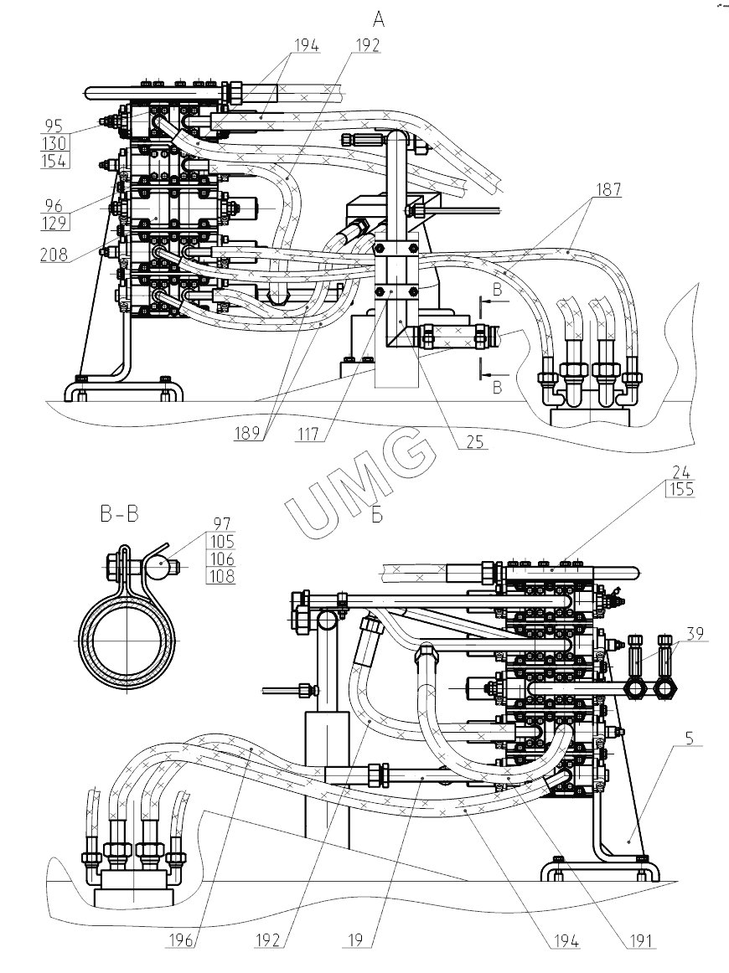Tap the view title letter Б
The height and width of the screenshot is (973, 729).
click(377, 515)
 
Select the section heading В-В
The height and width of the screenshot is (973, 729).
click(119, 514)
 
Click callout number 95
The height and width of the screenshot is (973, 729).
click(54, 126)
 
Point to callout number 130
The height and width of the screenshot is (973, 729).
click(55, 144)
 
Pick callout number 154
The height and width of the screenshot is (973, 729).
click(55, 161)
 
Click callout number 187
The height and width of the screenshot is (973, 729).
click(609, 190)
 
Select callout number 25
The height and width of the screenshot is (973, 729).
click(475, 443)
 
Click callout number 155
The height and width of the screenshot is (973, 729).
click(682, 490)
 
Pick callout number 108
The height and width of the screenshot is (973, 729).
click(223, 576)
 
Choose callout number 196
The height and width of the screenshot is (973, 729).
click(184, 941)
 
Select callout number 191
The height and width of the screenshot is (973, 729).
click(642, 941)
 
